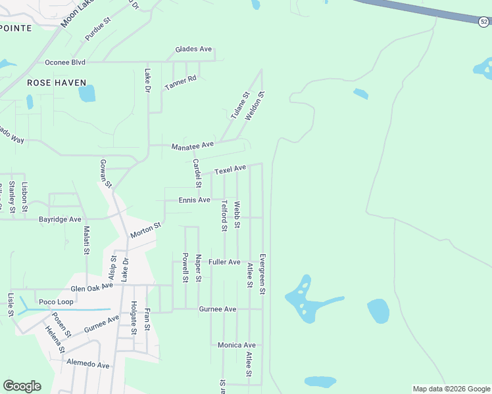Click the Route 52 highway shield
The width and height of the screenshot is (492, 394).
pyautogui.click(x=483, y=21)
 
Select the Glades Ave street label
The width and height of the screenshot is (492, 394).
pyautogui.click(x=193, y=49)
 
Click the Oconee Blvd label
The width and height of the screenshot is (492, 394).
pyautogui.click(x=65, y=62)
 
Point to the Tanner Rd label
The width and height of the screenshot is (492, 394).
pyautogui.click(x=180, y=83)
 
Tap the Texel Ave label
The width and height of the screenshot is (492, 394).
pyautogui.click(x=230, y=169)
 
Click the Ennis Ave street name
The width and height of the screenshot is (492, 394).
pyautogui.click(x=194, y=200)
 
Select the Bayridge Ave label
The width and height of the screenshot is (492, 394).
pyautogui.click(x=60, y=219)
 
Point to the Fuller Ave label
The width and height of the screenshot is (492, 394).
pyautogui.click(x=224, y=261)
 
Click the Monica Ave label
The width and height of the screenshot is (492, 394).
pyautogui.click(x=236, y=345)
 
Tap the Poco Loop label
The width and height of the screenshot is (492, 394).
pyautogui.click(x=56, y=302)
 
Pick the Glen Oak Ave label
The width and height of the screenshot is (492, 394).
pyautogui.click(x=92, y=288)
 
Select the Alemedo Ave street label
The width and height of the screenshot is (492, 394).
pyautogui.click(x=87, y=364)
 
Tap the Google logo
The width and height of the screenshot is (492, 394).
pyautogui.click(x=22, y=386)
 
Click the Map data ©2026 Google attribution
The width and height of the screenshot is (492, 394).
pyautogui.click(x=451, y=389)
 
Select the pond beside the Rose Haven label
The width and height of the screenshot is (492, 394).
pyautogui.click(x=87, y=93)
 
